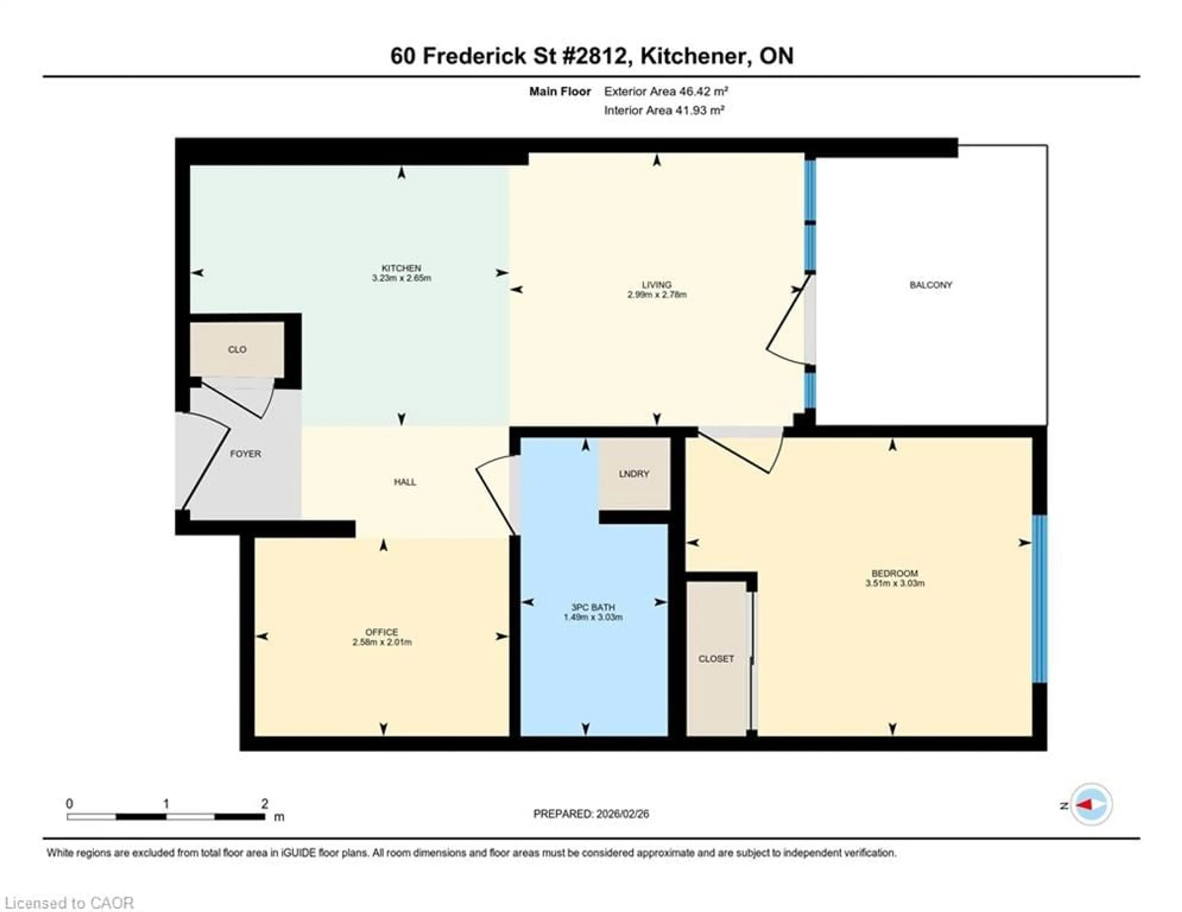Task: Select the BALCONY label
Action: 930,285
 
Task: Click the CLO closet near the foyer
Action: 237,350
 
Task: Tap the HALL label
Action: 405,482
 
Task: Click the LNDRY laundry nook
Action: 634,474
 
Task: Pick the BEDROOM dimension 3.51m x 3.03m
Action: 894,583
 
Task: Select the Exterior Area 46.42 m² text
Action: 666,91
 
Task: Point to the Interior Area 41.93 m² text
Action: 664,110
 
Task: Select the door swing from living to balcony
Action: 787,325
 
